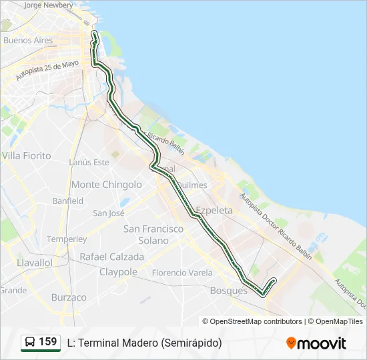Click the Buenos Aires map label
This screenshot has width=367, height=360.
coord(28,40)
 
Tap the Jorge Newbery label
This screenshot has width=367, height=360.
coord(48,5)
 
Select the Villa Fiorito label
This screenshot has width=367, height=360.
coord(27,155)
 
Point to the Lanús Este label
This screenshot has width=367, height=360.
coord(89,162)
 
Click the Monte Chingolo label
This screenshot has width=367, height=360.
coord(107,185)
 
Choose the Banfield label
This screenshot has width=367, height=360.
coord(68,201)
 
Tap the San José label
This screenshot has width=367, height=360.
coord(109,213)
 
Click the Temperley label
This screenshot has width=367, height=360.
coord(67,239)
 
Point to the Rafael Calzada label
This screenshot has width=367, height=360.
coord(111,256)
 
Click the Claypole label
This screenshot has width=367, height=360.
coord(118,272)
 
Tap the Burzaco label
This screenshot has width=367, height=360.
coord(69,297)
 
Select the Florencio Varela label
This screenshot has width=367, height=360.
coord(182,273)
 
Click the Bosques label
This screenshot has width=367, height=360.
coord(229,291)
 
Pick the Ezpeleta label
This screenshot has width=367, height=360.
coord(214,210)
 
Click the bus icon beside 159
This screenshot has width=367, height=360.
coord(31,342)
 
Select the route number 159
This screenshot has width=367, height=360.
coord(48,342)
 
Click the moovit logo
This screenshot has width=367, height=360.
coord(316,343)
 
